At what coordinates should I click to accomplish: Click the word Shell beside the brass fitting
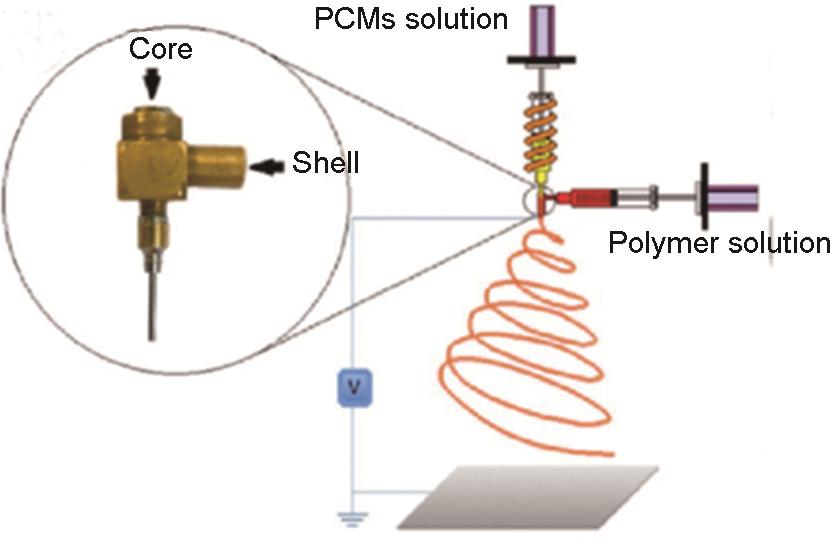pyautogui.click(x=325, y=163)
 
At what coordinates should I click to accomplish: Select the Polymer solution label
pyautogui.click(x=719, y=243)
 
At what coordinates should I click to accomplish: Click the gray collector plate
pyautogui.click(x=528, y=496)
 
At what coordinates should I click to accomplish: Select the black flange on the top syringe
pyautogui.click(x=543, y=60)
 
